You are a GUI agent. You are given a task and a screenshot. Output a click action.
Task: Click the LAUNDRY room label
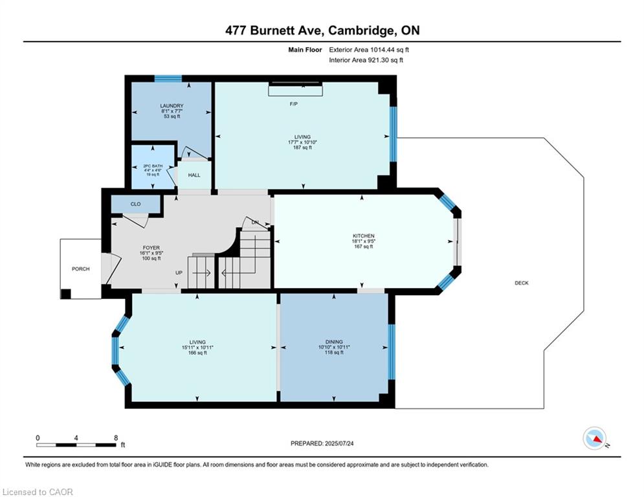pyautogui.click(x=172, y=105)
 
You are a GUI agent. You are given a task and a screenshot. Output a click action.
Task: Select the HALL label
pyautogui.click(x=194, y=175)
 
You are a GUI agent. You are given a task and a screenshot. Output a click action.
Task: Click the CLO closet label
pyautogui.click(x=135, y=204)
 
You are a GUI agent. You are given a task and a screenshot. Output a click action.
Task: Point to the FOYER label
pyautogui.click(x=151, y=248)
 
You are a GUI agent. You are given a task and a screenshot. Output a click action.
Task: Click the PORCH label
pyautogui.click(x=81, y=269)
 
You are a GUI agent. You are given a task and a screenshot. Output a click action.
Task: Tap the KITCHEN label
pyautogui.click(x=363, y=236)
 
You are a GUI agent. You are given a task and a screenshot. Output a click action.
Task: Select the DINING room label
pyautogui.click(x=334, y=342)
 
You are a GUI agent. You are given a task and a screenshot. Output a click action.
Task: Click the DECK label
pyautogui.click(x=521, y=283)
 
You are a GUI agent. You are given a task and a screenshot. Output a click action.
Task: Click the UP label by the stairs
pyautogui.click(x=179, y=272)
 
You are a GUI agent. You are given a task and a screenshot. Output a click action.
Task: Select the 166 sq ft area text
pyautogui.click(x=197, y=353)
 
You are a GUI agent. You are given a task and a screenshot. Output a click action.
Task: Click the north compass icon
pyautogui.click(x=594, y=438)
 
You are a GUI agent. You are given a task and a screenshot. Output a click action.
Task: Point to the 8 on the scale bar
pyautogui.click(x=115, y=437)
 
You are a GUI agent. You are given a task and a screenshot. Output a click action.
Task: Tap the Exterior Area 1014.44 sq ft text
pyautogui.click(x=369, y=49)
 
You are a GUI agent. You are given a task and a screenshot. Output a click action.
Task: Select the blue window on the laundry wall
pyautogui.click(x=168, y=79)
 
